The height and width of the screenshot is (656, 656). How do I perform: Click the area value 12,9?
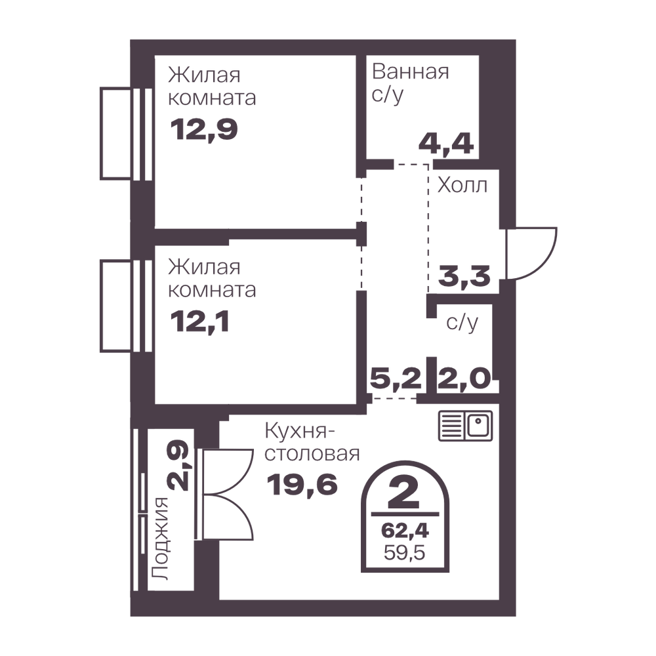tap(204, 130)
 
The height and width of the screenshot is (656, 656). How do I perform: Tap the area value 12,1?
tap(200, 323)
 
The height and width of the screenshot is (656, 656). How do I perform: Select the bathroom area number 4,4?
tap(446, 144)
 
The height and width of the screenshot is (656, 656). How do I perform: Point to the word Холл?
tap(462, 185)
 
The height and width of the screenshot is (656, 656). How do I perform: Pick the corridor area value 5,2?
tap(396, 379)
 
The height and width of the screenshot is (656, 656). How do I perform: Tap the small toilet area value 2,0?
tap(464, 379)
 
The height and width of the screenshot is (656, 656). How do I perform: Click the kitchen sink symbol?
tap(465, 426)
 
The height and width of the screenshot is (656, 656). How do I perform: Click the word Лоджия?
tap(160, 539)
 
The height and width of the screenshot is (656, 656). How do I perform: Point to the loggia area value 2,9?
tap(178, 465)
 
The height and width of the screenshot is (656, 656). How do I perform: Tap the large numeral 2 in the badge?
tap(403, 493)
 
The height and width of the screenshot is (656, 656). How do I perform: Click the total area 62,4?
tap(405, 531)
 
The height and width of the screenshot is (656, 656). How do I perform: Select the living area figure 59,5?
tap(405, 552)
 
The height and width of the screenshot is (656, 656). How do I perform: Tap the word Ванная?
tap(411, 72)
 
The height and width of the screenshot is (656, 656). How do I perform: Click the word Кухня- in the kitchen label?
tap(300, 432)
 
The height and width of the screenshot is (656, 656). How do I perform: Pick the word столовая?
tap(312, 454)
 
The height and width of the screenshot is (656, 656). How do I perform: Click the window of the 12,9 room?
tap(126, 133)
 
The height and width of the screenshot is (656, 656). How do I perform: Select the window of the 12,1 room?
tap(126, 306)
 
